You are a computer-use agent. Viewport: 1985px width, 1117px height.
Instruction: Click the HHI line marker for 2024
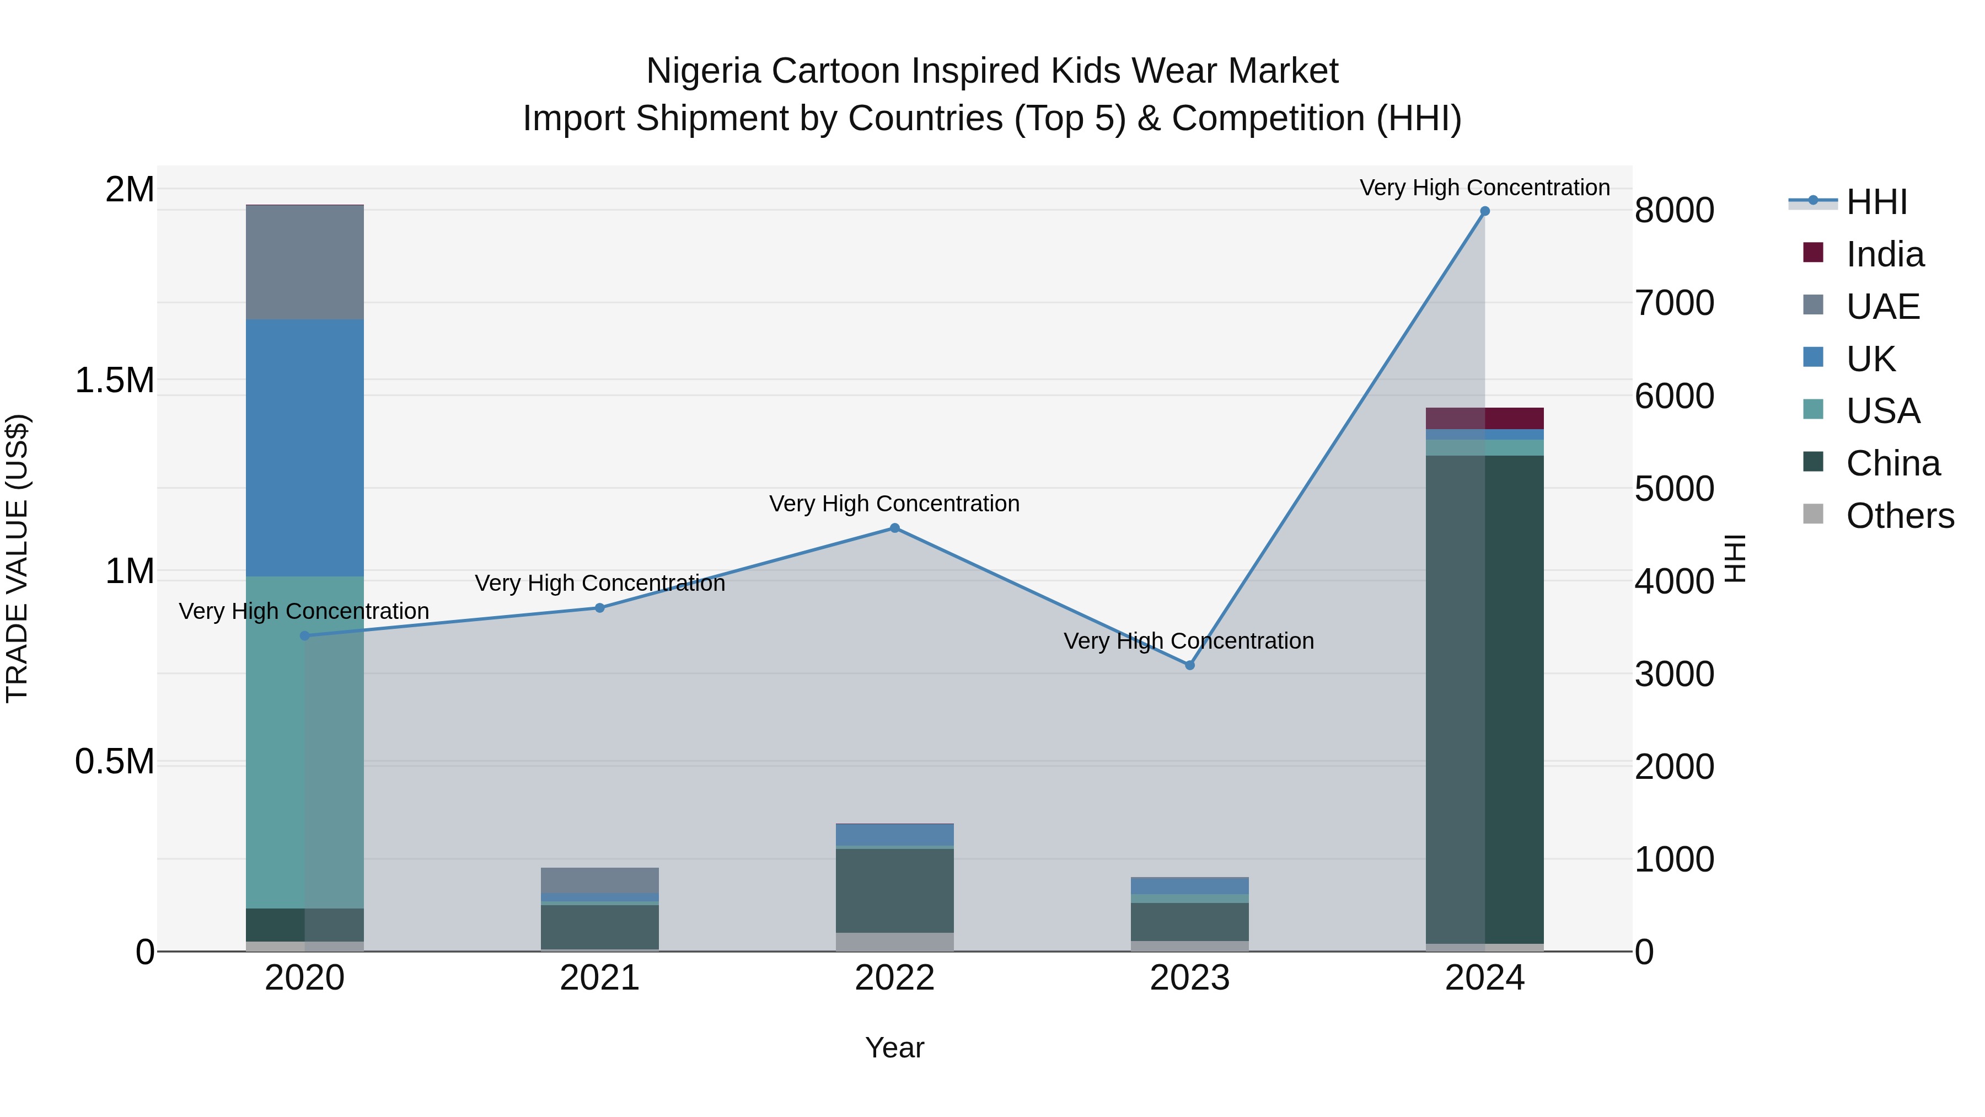pos(1484,211)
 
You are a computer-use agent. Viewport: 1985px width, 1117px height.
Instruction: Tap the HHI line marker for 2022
pos(895,528)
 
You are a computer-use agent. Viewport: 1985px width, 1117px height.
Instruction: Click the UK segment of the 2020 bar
pos(304,447)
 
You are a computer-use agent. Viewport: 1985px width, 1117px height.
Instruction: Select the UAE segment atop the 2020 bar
pos(304,262)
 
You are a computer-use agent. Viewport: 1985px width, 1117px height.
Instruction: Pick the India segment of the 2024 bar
pos(1484,418)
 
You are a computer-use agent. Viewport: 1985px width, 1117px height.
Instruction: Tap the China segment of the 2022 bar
pos(895,890)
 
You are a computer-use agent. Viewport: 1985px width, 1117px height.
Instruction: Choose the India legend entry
pos(1884,254)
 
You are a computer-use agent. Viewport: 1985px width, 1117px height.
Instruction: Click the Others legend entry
pos(1900,516)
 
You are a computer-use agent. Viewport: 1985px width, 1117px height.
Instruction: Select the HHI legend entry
pos(1876,202)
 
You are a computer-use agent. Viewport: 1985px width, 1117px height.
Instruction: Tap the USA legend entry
pos(1882,411)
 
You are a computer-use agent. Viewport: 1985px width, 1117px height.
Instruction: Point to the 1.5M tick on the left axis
pos(114,380)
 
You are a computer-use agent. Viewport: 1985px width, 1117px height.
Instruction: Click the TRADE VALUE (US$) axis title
pos(17,558)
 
